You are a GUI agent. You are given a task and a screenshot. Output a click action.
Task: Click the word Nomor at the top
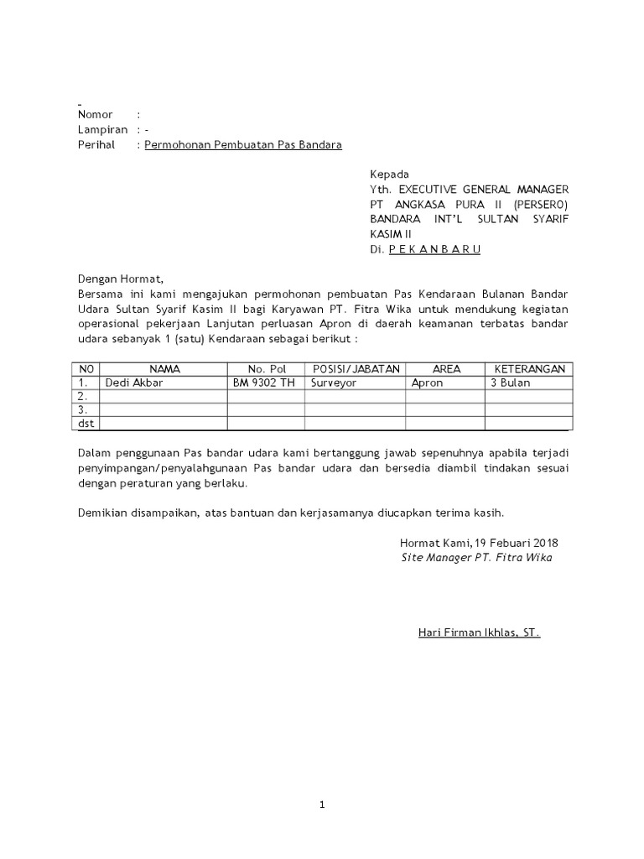pyautogui.click(x=95, y=114)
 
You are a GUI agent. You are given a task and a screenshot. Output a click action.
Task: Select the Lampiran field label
pyautogui.click(x=102, y=129)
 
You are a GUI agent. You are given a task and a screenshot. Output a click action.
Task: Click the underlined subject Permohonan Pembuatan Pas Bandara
pyautogui.click(x=243, y=144)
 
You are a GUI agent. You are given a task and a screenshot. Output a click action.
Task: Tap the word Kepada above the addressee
pyautogui.click(x=389, y=174)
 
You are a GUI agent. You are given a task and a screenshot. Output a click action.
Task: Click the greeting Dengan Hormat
pyautogui.click(x=117, y=279)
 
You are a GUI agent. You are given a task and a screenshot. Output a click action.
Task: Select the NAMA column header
pyautogui.click(x=164, y=369)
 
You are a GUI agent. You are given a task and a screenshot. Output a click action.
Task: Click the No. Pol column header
pyautogui.click(x=267, y=369)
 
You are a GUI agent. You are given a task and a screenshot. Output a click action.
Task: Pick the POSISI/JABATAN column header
pyautogui.click(x=356, y=369)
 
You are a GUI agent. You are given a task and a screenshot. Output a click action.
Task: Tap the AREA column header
pyautogui.click(x=446, y=369)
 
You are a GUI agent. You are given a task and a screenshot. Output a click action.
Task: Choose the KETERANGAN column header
pyautogui.click(x=529, y=369)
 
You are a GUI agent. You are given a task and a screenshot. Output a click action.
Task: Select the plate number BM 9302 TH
pyautogui.click(x=264, y=383)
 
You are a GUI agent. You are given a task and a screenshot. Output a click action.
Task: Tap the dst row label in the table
pyautogui.click(x=86, y=424)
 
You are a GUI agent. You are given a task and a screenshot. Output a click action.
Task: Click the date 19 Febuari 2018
pyautogui.click(x=517, y=543)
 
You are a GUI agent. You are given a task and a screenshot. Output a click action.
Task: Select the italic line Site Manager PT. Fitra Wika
pyautogui.click(x=476, y=557)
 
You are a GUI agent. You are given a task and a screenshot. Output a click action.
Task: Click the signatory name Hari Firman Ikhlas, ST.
pyautogui.click(x=479, y=633)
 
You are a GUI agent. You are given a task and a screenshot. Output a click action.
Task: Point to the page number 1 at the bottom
pyautogui.click(x=322, y=805)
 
